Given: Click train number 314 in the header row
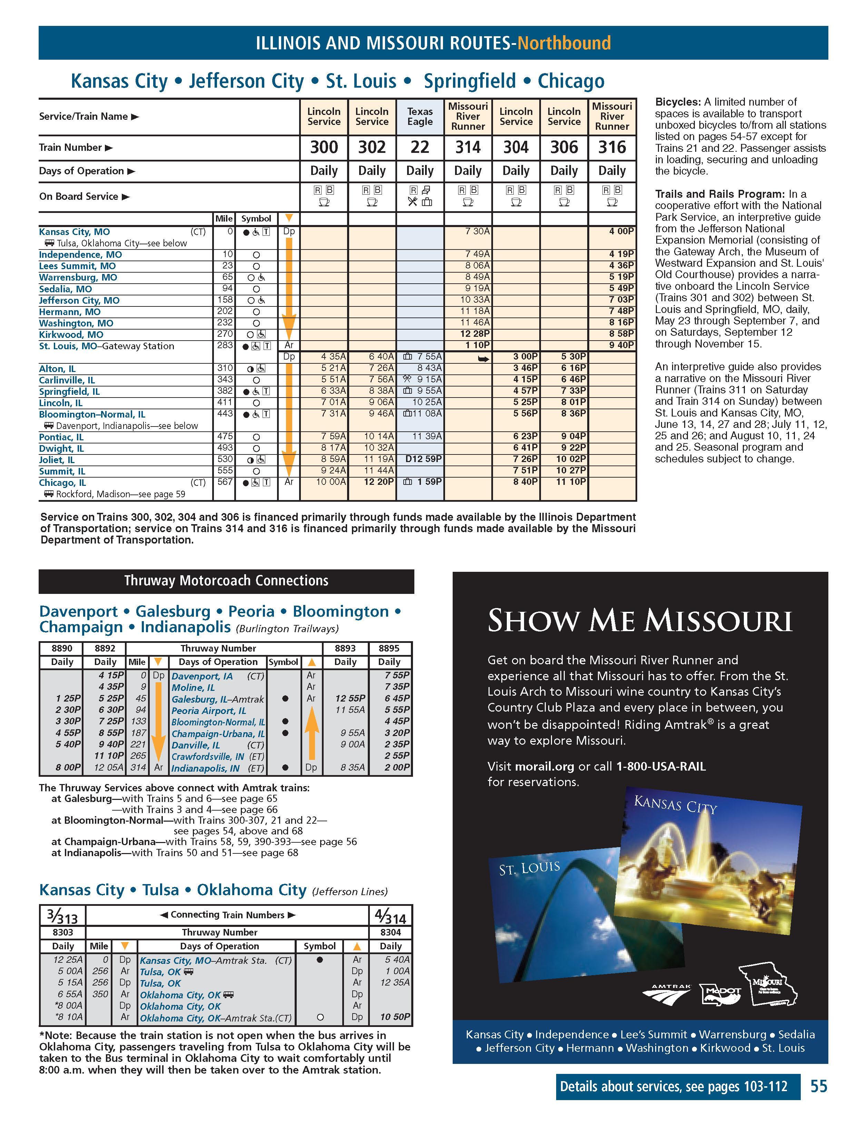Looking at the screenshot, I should click(467, 147).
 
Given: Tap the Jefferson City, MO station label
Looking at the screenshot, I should click(79, 300).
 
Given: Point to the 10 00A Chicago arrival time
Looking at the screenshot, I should click(331, 482).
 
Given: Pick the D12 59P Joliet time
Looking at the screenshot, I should click(423, 459).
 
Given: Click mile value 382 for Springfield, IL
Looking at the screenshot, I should click(225, 391).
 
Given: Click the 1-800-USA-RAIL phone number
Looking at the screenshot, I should click(661, 766).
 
